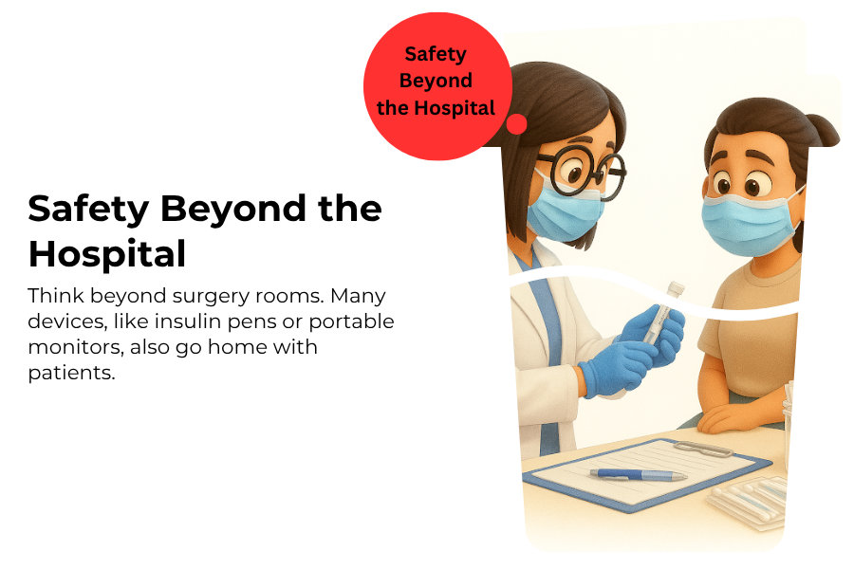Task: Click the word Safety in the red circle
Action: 436,54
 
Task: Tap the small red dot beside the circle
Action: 516,123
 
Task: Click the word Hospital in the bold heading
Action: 107,254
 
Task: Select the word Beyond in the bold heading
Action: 233,209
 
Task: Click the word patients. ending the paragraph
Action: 71,373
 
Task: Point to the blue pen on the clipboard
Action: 639,475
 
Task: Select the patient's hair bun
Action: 823,131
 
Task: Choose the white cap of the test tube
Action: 676,288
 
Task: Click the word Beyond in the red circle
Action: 436,82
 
